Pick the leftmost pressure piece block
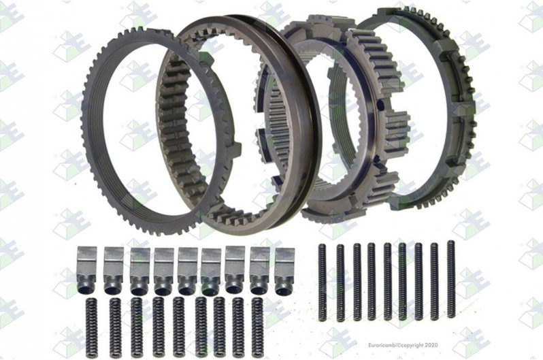coord(86,270)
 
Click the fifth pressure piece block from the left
coord(187,271)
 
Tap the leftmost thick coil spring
coord(91,328)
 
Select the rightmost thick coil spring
coord(257,327)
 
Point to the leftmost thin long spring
coord(322,282)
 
